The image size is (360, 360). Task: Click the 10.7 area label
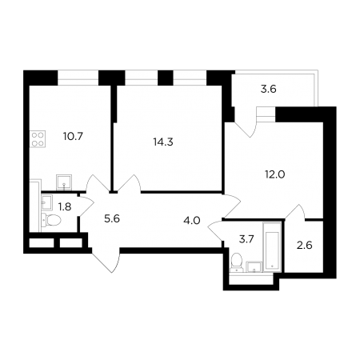[x=74, y=137]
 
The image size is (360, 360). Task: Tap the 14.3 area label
[x=163, y=142]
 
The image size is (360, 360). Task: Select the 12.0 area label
[x=275, y=174]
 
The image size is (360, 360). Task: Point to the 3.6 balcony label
[x=268, y=89]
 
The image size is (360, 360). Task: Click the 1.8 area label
[x=65, y=206]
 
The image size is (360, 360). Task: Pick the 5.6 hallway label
[x=112, y=219]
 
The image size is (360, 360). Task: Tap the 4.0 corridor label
[x=192, y=221]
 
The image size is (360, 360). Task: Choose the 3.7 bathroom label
[x=246, y=239]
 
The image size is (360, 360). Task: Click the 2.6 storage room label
[x=305, y=245]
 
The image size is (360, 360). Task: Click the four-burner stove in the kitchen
[x=38, y=139]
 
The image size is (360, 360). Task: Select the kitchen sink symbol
[x=64, y=182]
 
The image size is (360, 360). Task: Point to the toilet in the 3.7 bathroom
[x=236, y=262]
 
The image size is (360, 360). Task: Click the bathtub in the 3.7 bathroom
[x=271, y=247]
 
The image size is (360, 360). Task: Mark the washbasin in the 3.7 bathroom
[x=254, y=266]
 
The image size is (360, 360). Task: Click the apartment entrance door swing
[x=106, y=260]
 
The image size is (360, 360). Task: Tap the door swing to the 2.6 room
[x=295, y=212]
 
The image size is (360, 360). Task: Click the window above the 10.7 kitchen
[x=78, y=78]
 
